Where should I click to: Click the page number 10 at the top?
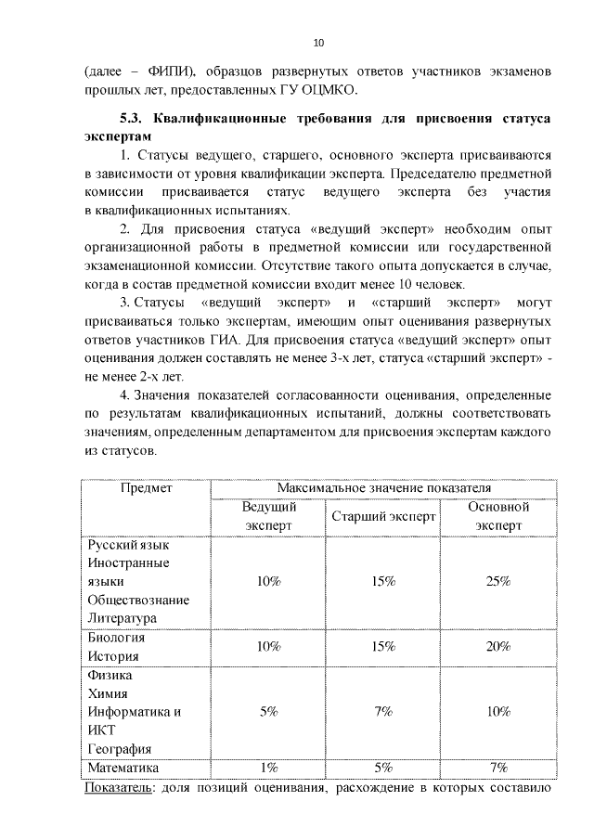coord(318,43)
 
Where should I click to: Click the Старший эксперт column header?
coord(382,517)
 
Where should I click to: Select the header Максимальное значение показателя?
coord(384,487)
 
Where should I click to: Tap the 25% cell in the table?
coord(498,581)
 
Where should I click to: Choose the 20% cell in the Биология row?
coord(498,646)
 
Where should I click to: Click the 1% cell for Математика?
coord(269,768)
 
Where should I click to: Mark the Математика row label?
coord(123,768)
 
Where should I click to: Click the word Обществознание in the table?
coord(138,599)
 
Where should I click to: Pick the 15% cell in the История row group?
coord(382,646)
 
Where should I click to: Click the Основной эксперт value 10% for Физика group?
coord(498,711)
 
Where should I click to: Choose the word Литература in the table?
coord(123,617)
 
